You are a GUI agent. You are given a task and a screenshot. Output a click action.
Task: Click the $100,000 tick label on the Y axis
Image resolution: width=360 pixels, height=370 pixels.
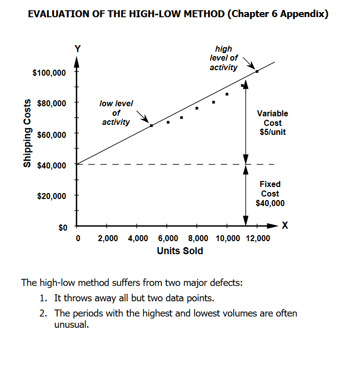point(49,73)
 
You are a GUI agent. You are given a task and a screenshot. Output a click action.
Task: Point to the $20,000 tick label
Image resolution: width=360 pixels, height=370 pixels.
point(51,196)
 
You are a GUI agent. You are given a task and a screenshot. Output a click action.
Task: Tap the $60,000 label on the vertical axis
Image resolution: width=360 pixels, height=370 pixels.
point(51,135)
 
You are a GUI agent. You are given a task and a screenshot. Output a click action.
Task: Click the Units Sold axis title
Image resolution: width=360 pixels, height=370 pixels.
point(180,251)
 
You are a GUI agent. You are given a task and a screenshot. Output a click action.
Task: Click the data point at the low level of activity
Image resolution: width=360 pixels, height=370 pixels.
point(151,125)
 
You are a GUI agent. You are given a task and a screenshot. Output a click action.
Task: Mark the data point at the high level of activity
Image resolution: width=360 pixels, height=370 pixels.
point(257,71)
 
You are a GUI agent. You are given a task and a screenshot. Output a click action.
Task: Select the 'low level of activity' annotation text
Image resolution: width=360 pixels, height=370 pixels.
point(116,113)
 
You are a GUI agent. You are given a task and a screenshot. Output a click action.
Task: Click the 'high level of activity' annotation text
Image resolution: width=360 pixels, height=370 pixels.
point(224,58)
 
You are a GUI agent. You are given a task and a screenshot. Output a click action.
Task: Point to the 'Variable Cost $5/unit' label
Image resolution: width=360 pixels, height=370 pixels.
point(272,123)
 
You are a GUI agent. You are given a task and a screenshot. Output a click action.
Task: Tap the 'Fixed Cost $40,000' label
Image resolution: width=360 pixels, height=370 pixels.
point(270,194)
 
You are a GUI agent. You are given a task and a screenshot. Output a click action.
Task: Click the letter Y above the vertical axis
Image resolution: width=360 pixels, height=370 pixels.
point(77,49)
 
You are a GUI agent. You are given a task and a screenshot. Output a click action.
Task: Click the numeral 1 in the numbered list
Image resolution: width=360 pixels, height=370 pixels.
point(43,298)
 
